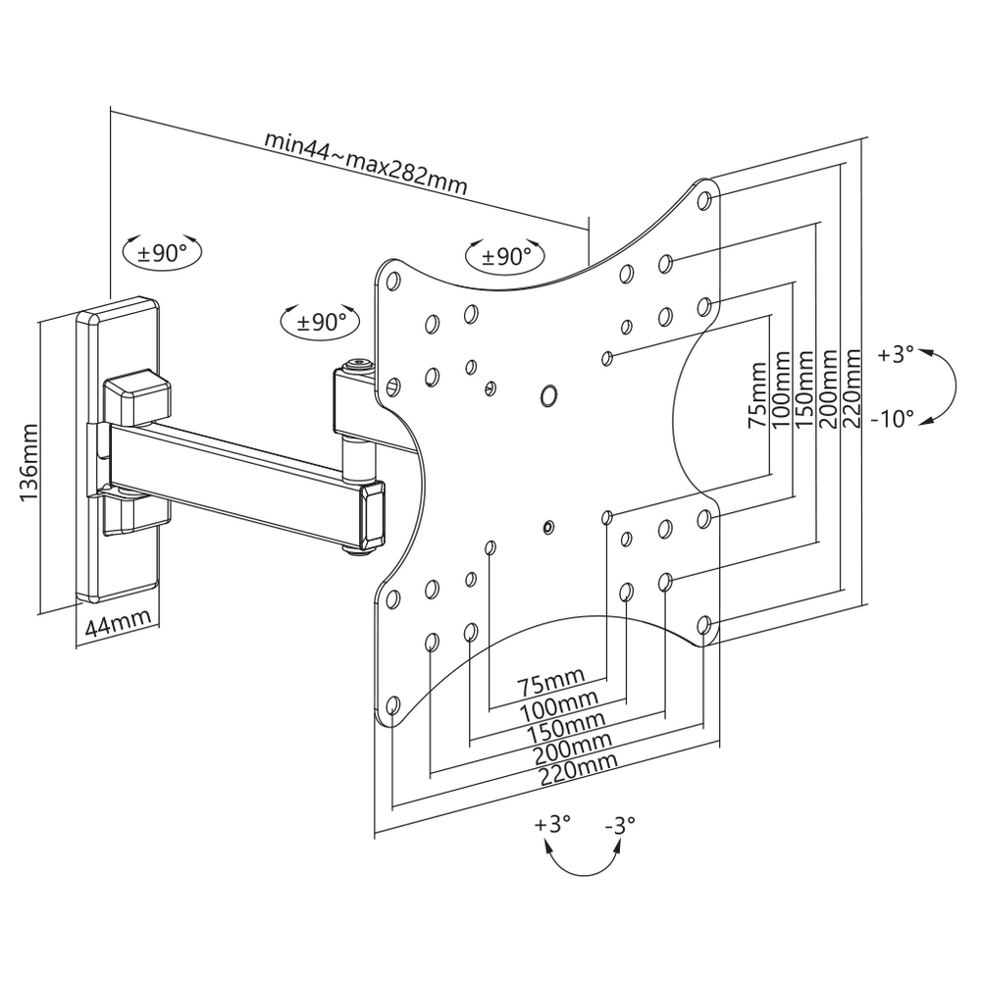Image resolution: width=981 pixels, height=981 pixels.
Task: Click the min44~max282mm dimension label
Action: pyautogui.click(x=365, y=161)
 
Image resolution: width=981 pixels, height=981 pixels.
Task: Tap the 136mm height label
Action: pyautogui.click(x=30, y=463)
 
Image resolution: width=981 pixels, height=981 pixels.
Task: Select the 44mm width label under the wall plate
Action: pyautogui.click(x=117, y=623)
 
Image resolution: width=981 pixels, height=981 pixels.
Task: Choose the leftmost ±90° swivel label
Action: pyautogui.click(x=162, y=252)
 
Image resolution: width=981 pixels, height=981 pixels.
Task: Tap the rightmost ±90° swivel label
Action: pyautogui.click(x=505, y=257)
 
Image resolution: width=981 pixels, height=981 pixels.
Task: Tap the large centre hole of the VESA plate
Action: pyautogui.click(x=548, y=396)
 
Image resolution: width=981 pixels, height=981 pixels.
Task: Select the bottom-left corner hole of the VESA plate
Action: pyautogui.click(x=392, y=705)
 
